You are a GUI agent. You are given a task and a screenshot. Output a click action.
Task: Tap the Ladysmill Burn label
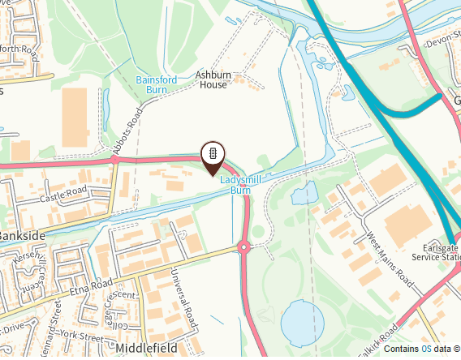(240, 185)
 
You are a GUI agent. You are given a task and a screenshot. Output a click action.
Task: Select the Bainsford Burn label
(157, 85)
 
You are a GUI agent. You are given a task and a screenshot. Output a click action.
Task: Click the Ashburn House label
(213, 79)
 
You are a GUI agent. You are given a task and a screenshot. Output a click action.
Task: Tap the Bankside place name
(18, 235)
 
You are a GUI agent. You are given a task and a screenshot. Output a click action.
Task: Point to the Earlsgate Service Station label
(437, 252)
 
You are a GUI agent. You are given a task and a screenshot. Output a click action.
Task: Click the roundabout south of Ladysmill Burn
(243, 248)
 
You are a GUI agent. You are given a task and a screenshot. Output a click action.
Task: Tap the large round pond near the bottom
(301, 321)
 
